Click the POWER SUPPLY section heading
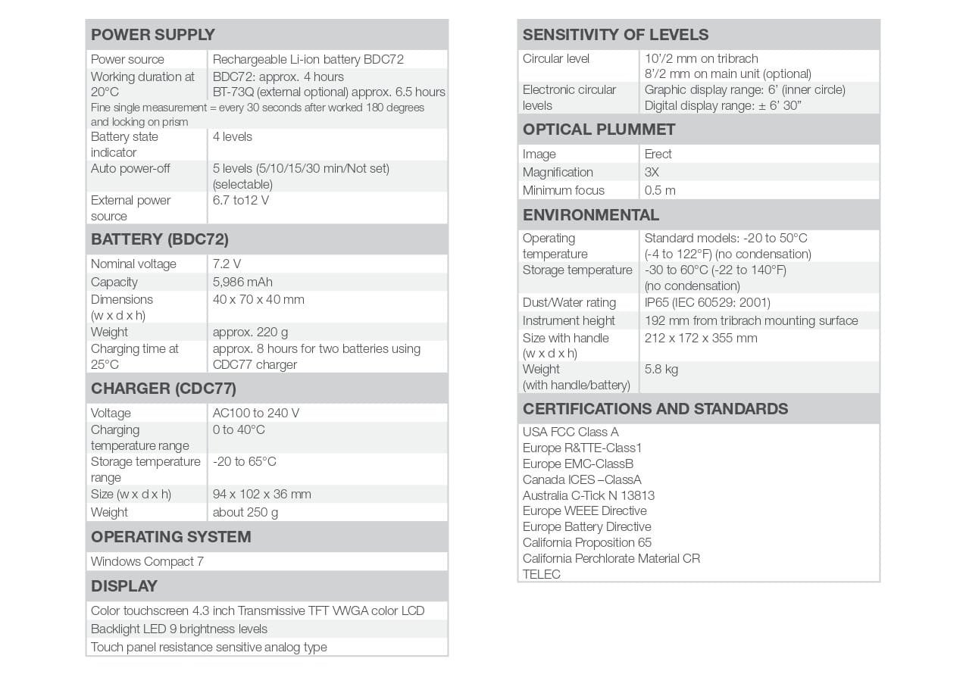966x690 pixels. click(153, 35)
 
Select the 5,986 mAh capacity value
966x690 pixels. click(242, 282)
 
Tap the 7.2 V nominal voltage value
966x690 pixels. click(227, 264)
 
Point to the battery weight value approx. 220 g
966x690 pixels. click(250, 332)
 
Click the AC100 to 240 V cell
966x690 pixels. click(255, 413)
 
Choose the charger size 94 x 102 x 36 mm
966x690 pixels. click(261, 494)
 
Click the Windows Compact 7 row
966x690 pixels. click(147, 561)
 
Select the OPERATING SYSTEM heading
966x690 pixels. click(170, 537)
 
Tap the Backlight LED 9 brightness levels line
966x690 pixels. click(179, 629)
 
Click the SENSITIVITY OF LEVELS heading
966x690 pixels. click(615, 35)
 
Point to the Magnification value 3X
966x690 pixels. click(652, 172)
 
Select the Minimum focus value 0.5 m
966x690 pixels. click(660, 190)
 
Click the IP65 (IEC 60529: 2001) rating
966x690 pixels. click(707, 302)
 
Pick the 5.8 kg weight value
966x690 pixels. click(661, 369)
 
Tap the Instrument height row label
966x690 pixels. click(568, 320)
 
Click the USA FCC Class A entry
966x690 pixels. click(571, 432)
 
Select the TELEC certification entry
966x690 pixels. click(542, 574)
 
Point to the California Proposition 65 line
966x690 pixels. click(586, 542)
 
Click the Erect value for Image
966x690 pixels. click(658, 154)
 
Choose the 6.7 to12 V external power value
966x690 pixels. click(241, 200)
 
